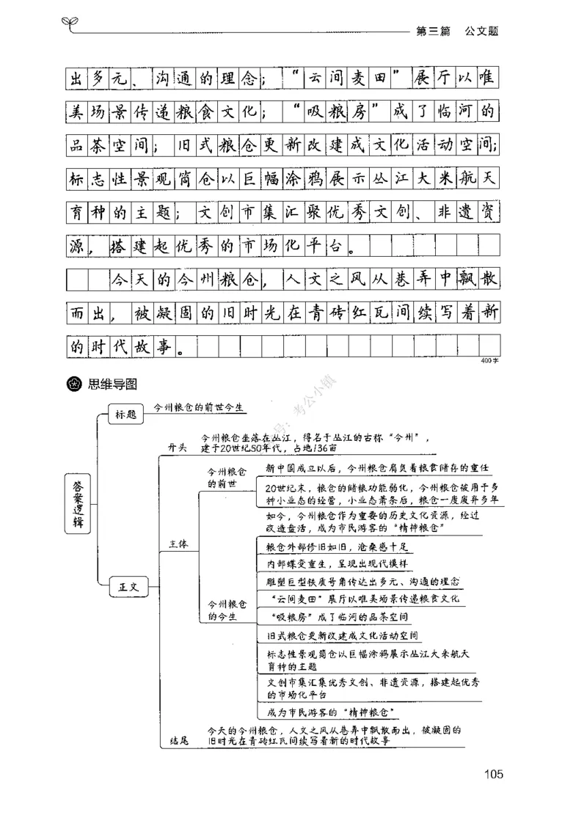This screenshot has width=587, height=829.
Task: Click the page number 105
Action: tap(492, 773)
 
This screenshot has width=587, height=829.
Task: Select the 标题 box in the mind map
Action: tap(125, 415)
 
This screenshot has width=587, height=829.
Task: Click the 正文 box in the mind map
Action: tap(128, 587)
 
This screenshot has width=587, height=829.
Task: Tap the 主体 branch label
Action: tap(178, 544)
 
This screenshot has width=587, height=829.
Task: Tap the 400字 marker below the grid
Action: tap(489, 361)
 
